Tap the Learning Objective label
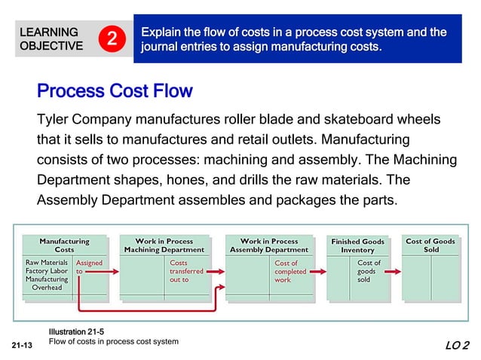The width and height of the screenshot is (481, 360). [51, 39]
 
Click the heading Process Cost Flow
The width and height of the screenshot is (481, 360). [115, 91]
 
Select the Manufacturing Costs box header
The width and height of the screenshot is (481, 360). [64, 245]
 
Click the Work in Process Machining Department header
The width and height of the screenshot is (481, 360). [164, 245]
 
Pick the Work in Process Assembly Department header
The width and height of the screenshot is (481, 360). [268, 245]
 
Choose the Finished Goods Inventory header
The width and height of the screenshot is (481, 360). [357, 246]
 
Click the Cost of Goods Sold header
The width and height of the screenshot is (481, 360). [430, 245]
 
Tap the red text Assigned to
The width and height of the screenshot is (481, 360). [88, 267]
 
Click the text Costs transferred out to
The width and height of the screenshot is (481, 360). [186, 271]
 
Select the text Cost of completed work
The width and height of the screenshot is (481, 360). [290, 271]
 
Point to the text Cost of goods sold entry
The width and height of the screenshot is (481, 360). [369, 271]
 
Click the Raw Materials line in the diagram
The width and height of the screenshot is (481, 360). [47, 263]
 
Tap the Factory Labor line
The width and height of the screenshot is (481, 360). [47, 271]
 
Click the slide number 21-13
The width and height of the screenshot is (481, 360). [23, 346]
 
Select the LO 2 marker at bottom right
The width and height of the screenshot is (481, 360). [456, 346]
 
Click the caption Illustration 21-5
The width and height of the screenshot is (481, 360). [77, 332]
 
